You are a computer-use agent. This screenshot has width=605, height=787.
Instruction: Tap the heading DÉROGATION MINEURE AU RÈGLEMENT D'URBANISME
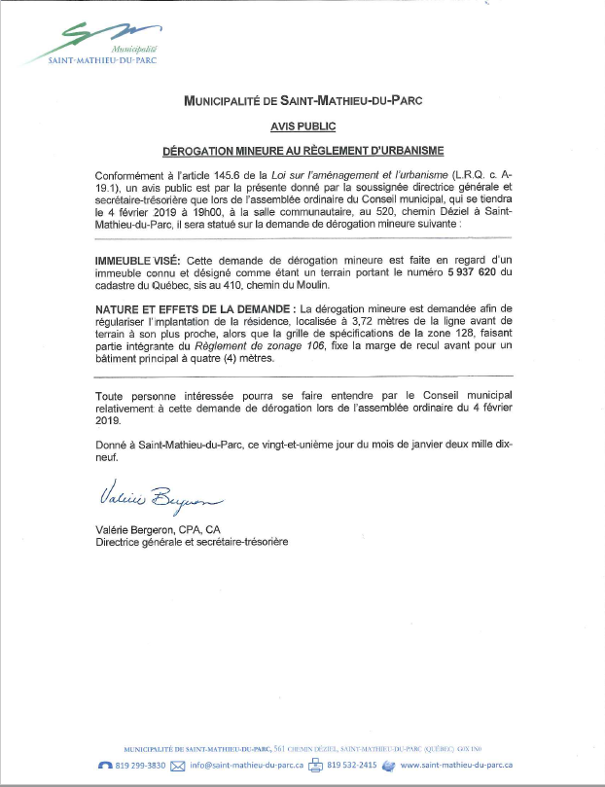pyautogui.click(x=302, y=151)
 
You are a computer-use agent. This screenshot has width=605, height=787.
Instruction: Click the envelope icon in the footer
pyautogui.click(x=177, y=766)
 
